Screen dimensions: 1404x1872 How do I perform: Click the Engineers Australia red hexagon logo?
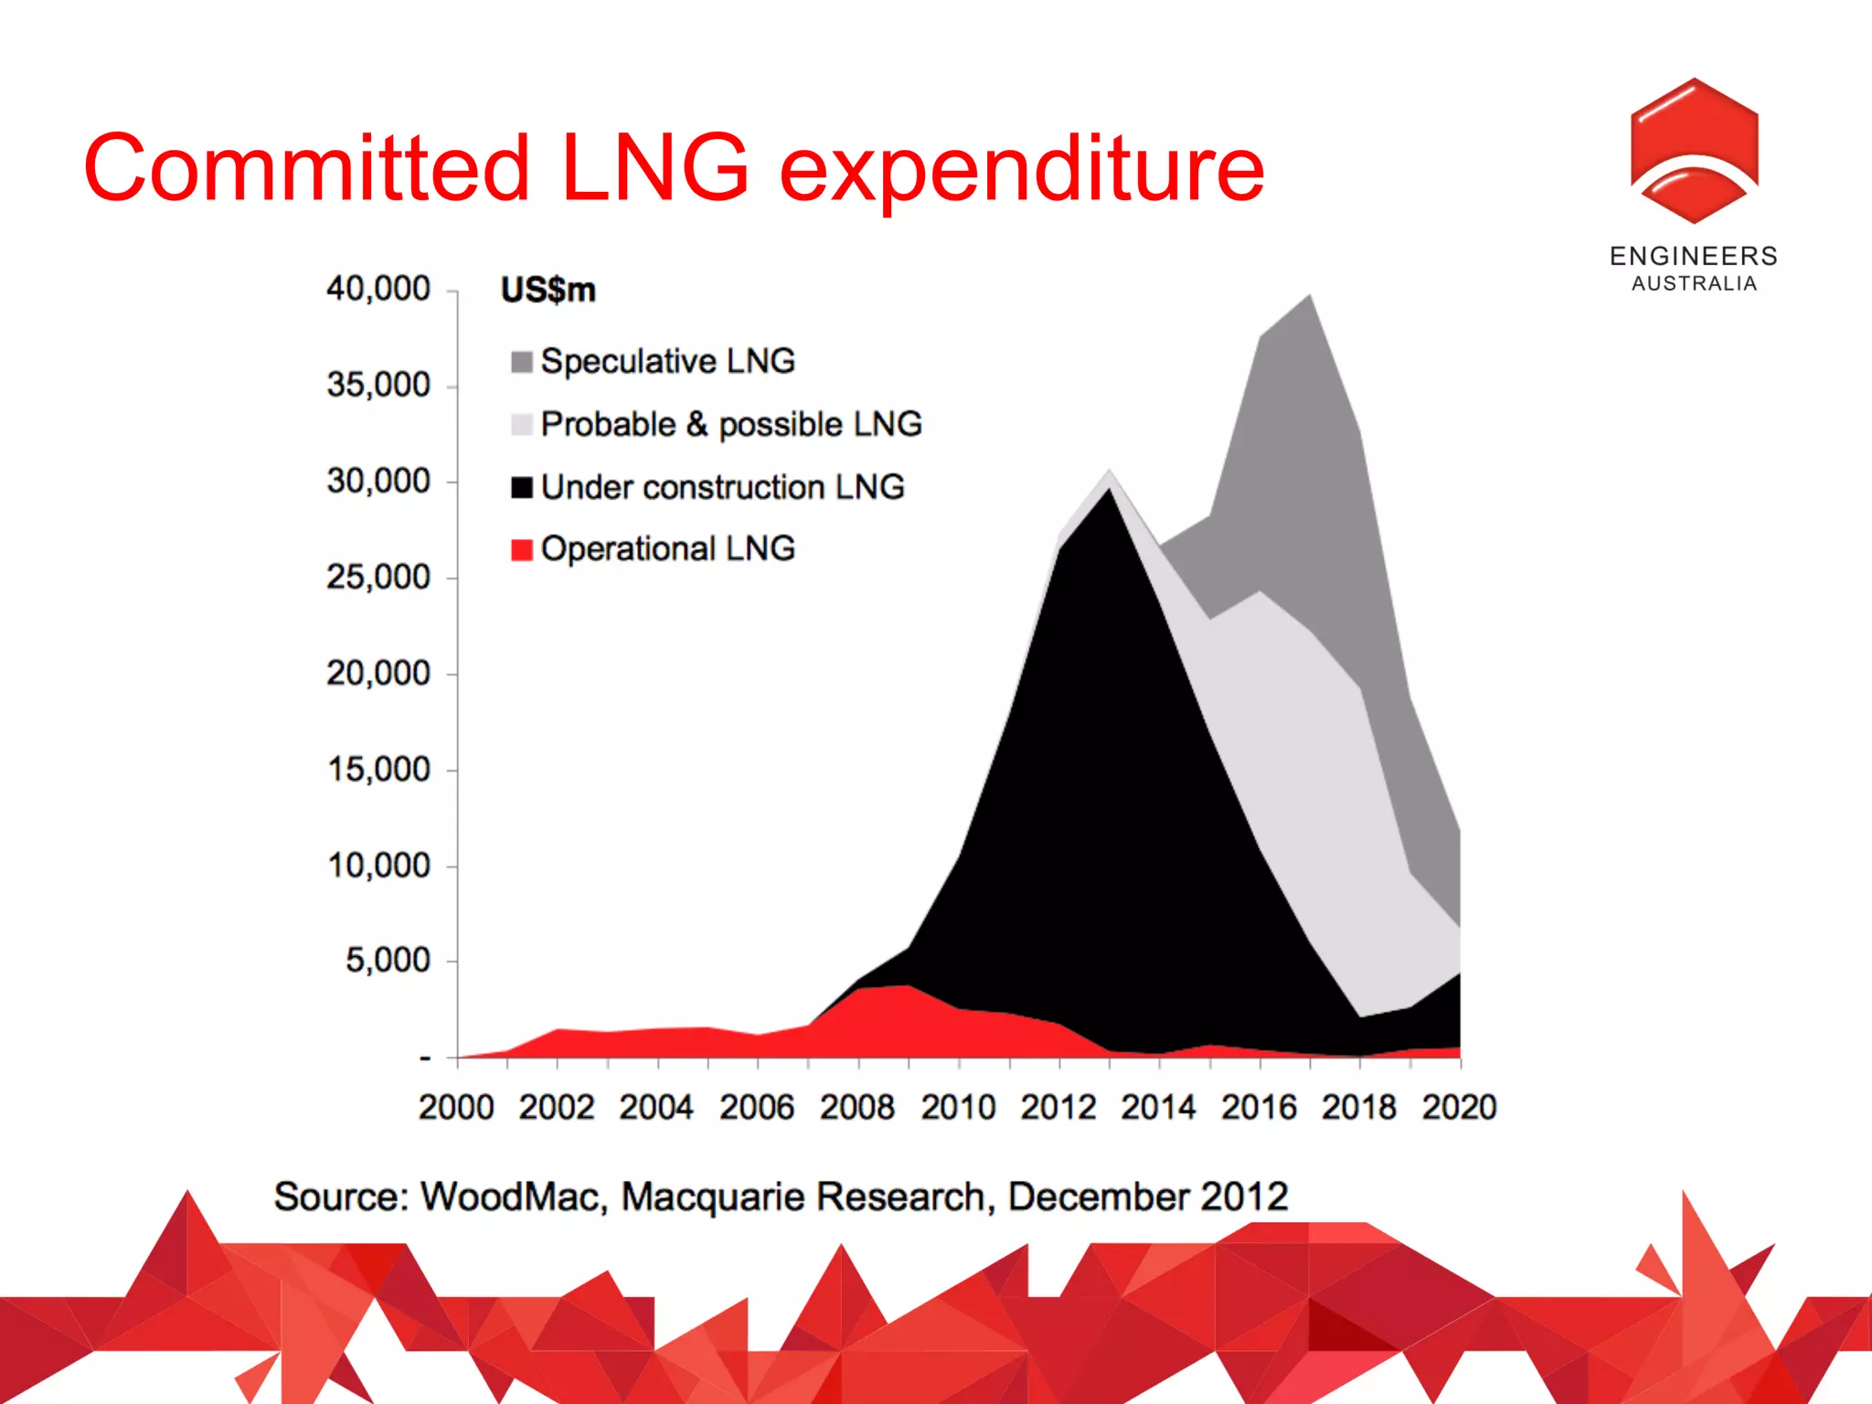pyautogui.click(x=1694, y=151)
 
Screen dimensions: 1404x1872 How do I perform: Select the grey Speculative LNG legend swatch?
pyautogui.click(x=522, y=362)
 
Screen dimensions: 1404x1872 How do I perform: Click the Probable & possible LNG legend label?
pyautogui.click(x=731, y=424)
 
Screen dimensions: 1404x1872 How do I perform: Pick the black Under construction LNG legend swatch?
pyautogui.click(x=522, y=487)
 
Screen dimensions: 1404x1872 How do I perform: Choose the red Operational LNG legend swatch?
pyautogui.click(x=522, y=549)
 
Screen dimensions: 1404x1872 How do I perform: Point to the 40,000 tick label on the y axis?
pyautogui.click(x=378, y=289)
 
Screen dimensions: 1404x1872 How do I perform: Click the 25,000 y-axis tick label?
pyautogui.click(x=378, y=577)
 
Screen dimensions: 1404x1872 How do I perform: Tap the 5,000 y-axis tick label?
pyautogui.click(x=388, y=960)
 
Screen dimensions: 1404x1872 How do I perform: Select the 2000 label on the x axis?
pyautogui.click(x=456, y=1107)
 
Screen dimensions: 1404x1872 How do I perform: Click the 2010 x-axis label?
pyautogui.click(x=958, y=1107)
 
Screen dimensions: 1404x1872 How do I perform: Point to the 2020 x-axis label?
pyautogui.click(x=1459, y=1107)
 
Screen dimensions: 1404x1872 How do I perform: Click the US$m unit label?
pyautogui.click(x=548, y=290)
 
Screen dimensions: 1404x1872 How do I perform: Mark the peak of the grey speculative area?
pyautogui.click(x=1310, y=296)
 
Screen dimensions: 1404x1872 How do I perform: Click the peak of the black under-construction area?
pyautogui.click(x=1110, y=490)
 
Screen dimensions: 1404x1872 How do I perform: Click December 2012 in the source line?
pyautogui.click(x=1148, y=1197)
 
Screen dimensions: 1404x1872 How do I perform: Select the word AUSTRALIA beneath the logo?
pyautogui.click(x=1694, y=283)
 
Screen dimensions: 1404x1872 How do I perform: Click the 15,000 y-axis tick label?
pyautogui.click(x=378, y=770)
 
